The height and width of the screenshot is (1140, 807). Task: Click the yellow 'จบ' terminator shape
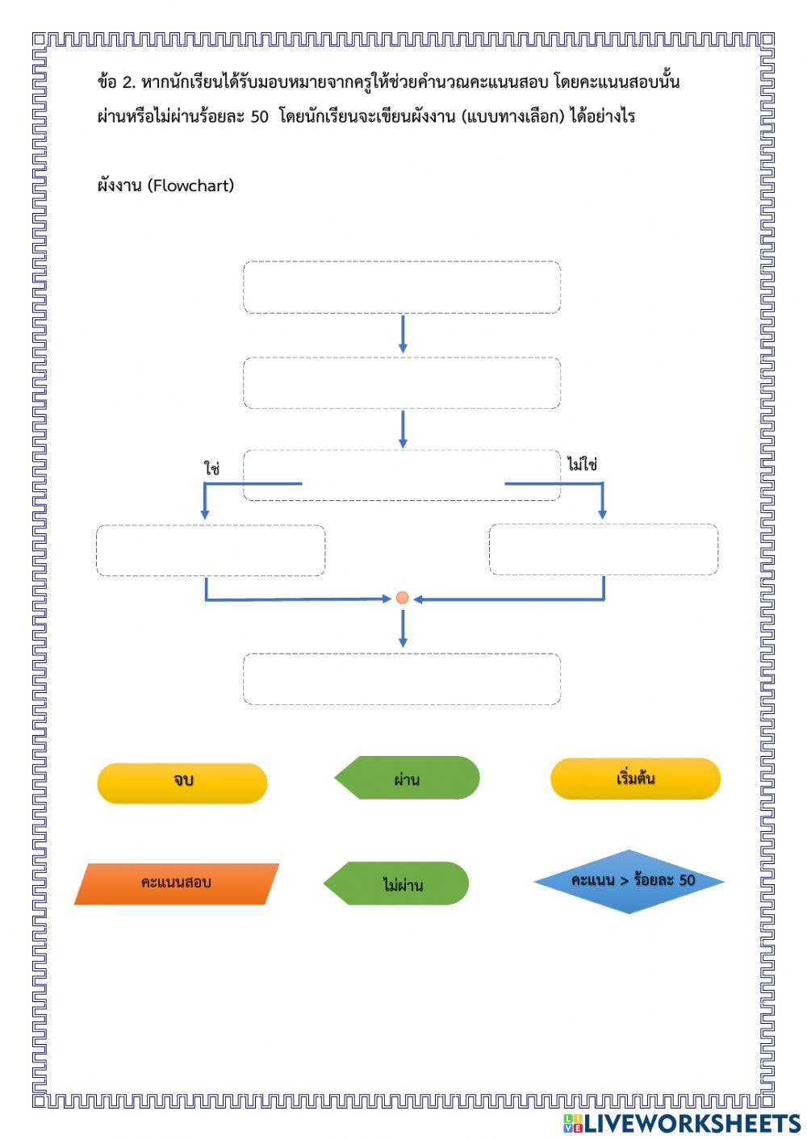tap(182, 782)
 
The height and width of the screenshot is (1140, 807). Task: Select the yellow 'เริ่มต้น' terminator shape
tap(635, 779)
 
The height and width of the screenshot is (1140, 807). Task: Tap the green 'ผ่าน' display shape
tap(408, 779)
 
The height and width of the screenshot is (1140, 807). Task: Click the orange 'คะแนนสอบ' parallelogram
tap(176, 883)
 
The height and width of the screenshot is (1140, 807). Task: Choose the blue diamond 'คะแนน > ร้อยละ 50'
tap(629, 880)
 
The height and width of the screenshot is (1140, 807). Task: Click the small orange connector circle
tap(402, 598)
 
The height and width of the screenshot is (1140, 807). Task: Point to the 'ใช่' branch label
tap(211, 468)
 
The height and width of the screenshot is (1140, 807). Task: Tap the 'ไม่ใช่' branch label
tap(582, 465)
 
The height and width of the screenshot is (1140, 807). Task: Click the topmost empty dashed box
tap(402, 286)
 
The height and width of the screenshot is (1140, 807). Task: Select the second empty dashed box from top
tap(402, 382)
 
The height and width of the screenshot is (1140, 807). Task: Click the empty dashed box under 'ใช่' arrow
tap(211, 550)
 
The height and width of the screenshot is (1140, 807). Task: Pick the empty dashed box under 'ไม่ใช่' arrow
tap(604, 549)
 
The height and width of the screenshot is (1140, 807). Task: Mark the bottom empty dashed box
tap(402, 679)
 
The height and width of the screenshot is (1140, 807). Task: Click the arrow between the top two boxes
tap(403, 334)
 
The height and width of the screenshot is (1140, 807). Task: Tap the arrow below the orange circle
tap(403, 628)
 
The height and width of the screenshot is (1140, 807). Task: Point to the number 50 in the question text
tap(259, 116)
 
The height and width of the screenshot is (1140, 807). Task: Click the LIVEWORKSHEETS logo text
tap(691, 1124)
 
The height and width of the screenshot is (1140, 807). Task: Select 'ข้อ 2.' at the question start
tap(115, 82)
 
